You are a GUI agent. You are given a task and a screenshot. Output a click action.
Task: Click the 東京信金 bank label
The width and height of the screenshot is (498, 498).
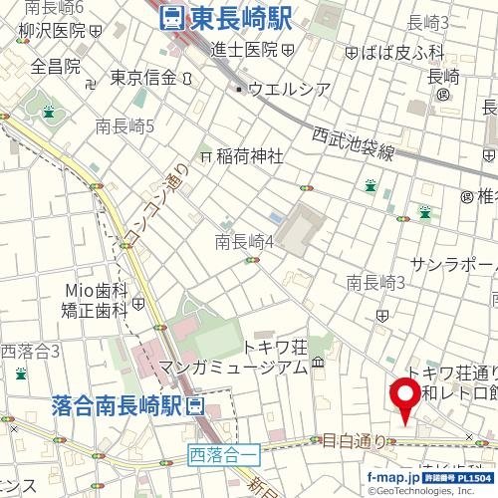pyautogui.click(x=143, y=77)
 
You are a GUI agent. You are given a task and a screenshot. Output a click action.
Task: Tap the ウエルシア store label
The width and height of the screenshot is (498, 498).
pyautogui.click(x=289, y=90)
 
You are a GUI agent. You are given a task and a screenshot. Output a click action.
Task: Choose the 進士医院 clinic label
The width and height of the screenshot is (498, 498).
pyautogui.click(x=245, y=49)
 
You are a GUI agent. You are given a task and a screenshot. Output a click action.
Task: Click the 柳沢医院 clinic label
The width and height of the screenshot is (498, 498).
pyautogui.click(x=53, y=31)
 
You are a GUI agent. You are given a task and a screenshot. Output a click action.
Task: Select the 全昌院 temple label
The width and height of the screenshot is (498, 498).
pyautogui.click(x=55, y=66)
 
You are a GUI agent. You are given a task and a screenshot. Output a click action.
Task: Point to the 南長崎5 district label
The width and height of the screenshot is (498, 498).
pyautogui.click(x=124, y=126)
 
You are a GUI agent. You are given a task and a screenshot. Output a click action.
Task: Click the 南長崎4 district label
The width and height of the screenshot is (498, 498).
pyautogui.click(x=245, y=240)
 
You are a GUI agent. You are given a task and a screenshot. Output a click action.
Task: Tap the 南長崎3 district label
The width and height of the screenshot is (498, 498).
pyautogui.click(x=375, y=283)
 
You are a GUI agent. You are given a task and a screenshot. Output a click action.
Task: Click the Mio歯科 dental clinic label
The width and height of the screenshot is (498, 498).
pyautogui.click(x=97, y=290)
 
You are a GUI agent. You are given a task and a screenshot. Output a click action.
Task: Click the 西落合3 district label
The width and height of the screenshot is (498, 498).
pyautogui.click(x=30, y=351)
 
